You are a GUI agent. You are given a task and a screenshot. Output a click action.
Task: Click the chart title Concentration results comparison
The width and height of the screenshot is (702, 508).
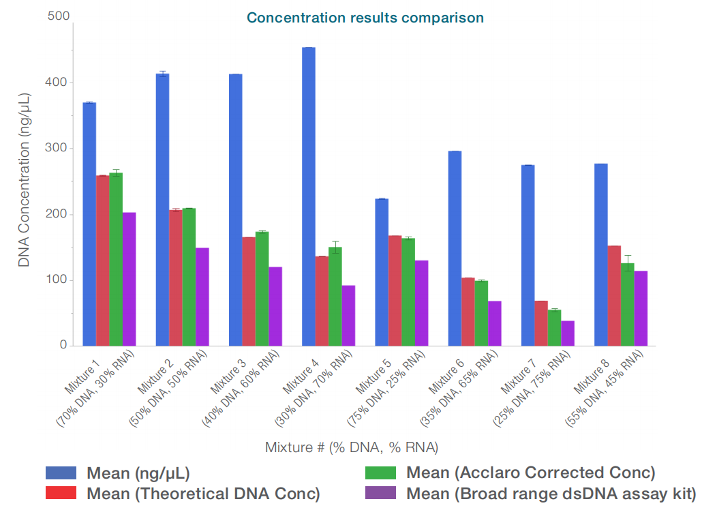pyautogui.click(x=365, y=18)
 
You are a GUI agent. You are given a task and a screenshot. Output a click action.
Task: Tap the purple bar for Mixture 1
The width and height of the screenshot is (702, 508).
pyautogui.click(x=129, y=279)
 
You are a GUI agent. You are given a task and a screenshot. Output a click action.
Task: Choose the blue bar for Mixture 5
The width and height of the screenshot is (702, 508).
pyautogui.click(x=382, y=272)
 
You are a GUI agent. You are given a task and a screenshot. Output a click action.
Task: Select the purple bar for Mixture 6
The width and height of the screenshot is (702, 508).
pyautogui.click(x=495, y=323)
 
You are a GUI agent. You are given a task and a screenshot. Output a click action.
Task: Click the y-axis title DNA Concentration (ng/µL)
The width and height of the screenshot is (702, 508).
pyautogui.click(x=25, y=180)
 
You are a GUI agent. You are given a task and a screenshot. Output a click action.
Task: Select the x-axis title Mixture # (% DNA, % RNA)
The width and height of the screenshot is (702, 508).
pyautogui.click(x=351, y=447)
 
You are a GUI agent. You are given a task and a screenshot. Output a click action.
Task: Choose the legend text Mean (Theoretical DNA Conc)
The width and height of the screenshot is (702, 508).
pyautogui.click(x=203, y=494)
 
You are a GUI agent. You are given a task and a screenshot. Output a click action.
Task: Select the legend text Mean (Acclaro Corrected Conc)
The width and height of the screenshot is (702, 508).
pyautogui.click(x=530, y=473)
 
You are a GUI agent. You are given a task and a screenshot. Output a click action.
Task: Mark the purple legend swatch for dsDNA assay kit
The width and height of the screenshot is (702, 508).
pyautogui.click(x=381, y=494)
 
